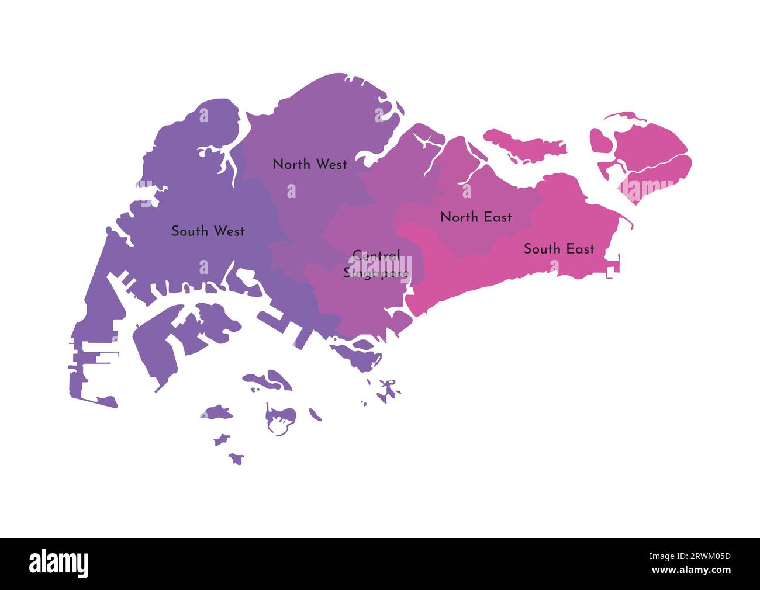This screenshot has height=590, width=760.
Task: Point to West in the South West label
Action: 229,231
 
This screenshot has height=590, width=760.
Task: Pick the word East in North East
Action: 497,217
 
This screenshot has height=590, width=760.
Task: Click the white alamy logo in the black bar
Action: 59,564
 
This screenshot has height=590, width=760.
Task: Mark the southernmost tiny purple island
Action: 236,459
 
